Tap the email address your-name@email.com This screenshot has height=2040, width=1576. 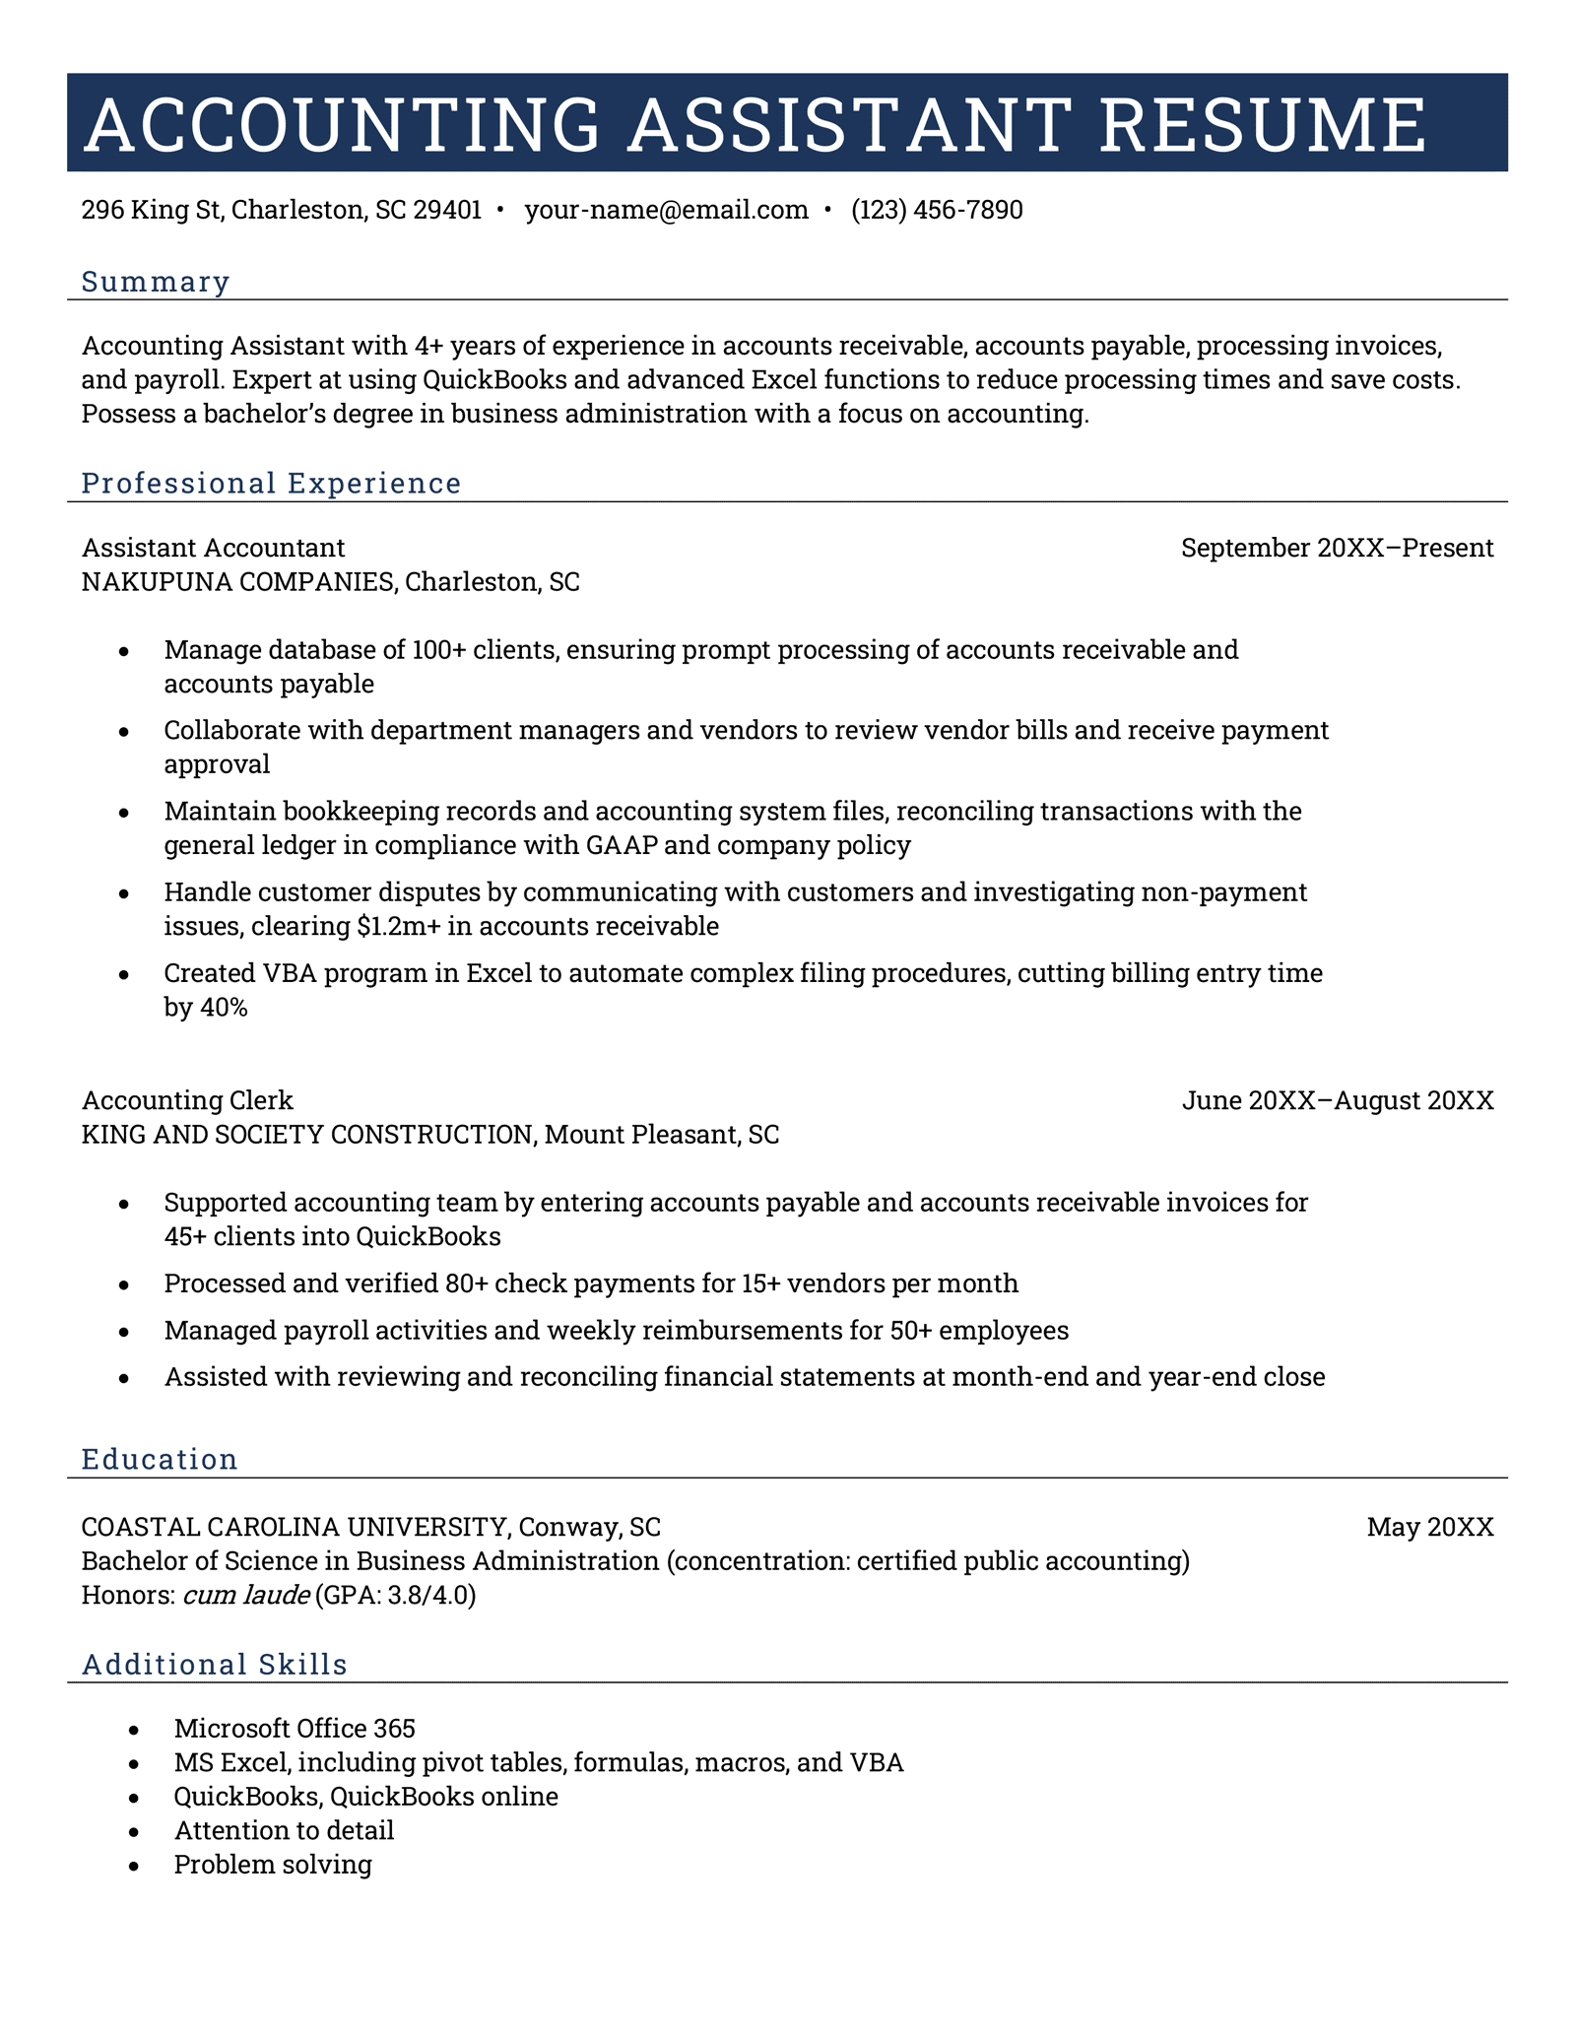click(x=666, y=210)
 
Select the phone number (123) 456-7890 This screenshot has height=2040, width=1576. click(x=937, y=210)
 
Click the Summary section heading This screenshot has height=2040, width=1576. click(x=156, y=282)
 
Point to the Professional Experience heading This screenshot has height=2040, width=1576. click(x=271, y=484)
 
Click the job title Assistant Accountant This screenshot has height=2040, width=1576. click(x=213, y=548)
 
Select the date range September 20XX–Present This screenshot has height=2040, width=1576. click(x=1337, y=548)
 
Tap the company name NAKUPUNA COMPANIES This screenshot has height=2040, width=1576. click(x=236, y=582)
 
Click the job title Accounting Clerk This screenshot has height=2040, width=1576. click(x=187, y=1100)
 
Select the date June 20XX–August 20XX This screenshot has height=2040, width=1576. click(x=1337, y=1100)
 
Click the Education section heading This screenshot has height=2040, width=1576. click(x=160, y=1460)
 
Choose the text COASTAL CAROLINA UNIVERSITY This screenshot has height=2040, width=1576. click(x=293, y=1528)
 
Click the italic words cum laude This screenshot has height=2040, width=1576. click(x=246, y=1595)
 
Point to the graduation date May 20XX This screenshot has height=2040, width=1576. click(x=1429, y=1528)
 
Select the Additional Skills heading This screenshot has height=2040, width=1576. click(x=215, y=1665)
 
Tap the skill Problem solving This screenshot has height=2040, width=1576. click(x=273, y=1865)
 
